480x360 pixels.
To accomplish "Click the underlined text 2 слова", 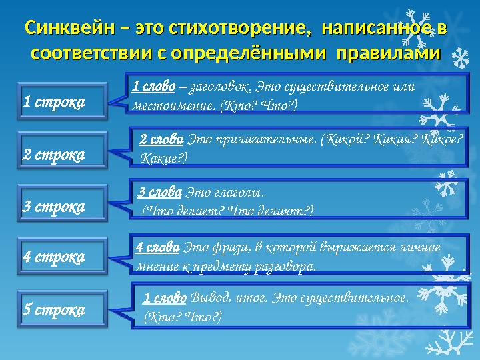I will pyautogui.click(x=161, y=140).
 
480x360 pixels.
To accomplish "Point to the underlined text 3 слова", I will pyautogui.click(x=160, y=193).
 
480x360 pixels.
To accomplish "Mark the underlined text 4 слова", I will pyautogui.click(x=158, y=247).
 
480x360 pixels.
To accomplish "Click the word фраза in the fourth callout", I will pyautogui.click(x=229, y=247).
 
